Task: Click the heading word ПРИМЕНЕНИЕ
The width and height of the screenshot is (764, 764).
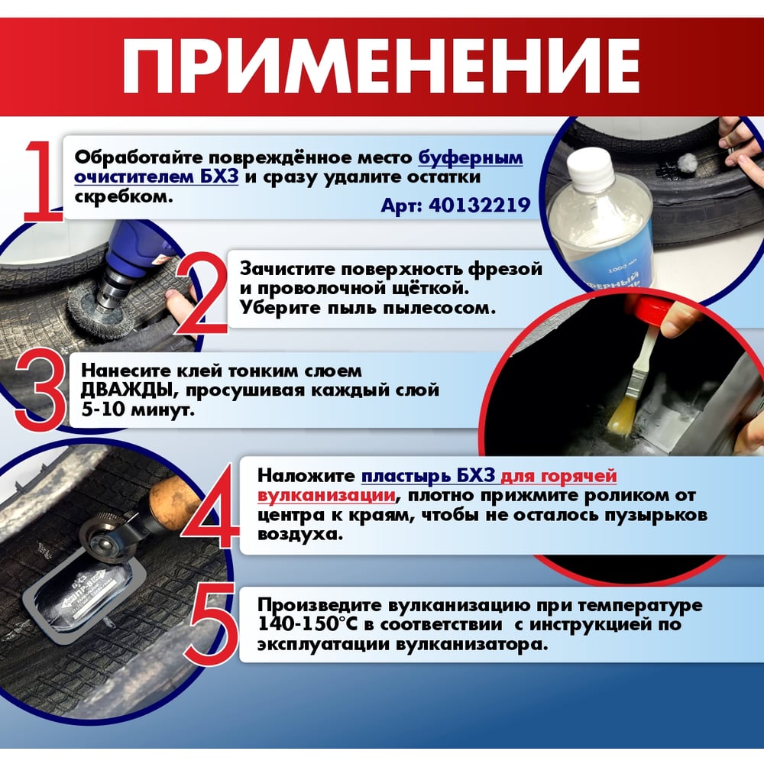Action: click(x=381, y=66)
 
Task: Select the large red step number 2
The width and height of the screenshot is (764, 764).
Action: click(x=202, y=295)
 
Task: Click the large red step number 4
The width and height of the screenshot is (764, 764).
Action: click(x=211, y=507)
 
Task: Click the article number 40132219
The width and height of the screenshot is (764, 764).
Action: click(x=480, y=205)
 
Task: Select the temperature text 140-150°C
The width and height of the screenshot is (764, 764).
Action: click(x=309, y=623)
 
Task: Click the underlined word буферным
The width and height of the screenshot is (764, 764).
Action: click(x=471, y=158)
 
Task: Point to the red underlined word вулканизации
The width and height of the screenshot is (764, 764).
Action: click(x=326, y=496)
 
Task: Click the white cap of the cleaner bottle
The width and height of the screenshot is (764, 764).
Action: click(x=591, y=166)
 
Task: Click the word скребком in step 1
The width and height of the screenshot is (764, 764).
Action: click(x=124, y=196)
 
